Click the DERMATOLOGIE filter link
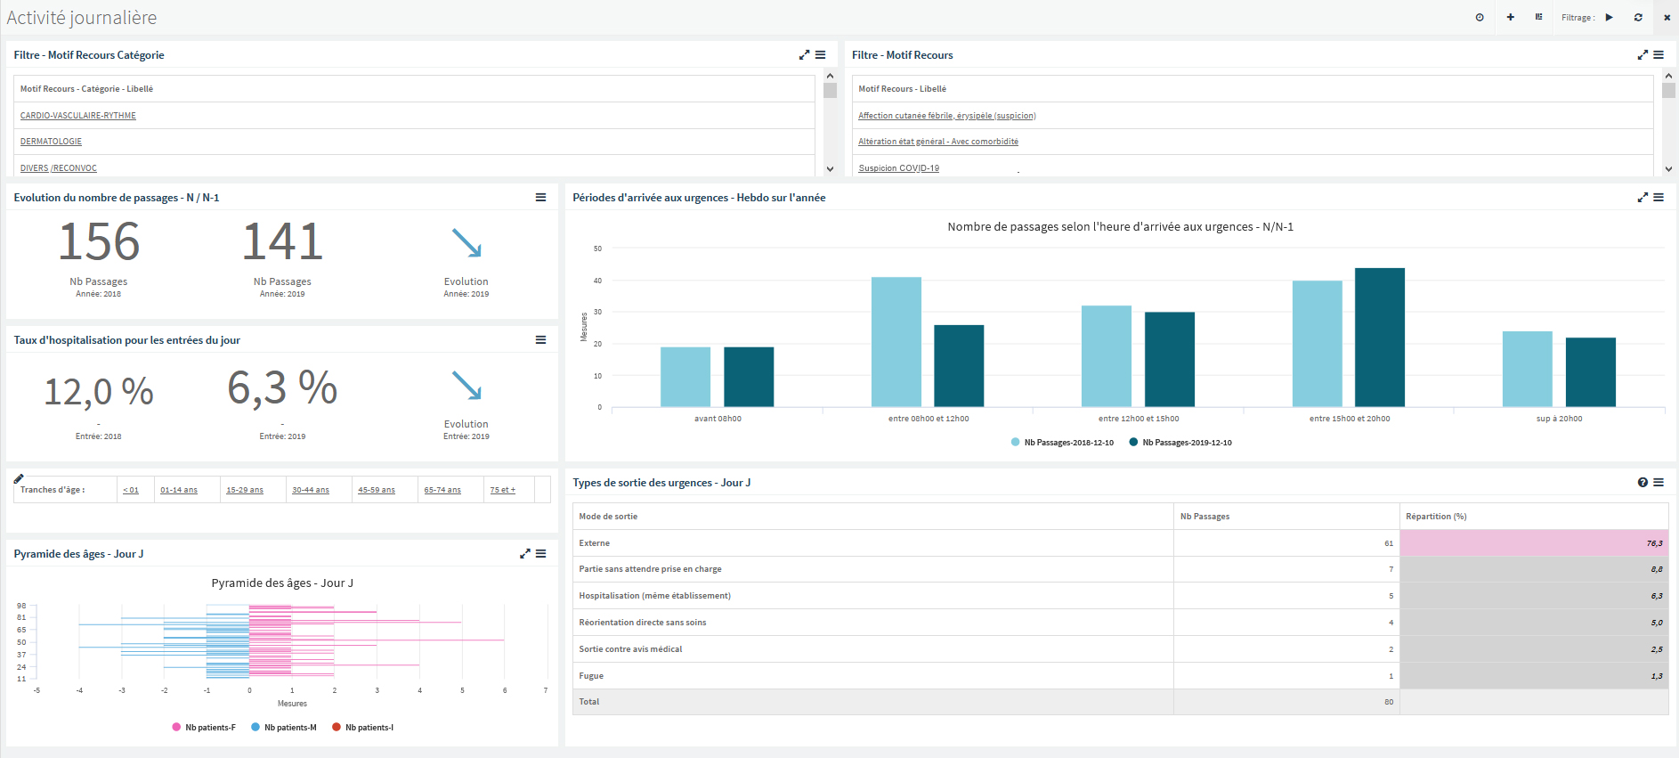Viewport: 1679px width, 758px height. click(51, 142)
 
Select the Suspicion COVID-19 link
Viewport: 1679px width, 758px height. click(898, 168)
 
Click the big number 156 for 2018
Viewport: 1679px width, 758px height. click(99, 241)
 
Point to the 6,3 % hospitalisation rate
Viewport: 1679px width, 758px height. click(282, 387)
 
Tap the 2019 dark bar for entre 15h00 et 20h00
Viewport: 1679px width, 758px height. click(1380, 338)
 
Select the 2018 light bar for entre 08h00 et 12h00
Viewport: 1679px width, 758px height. click(896, 342)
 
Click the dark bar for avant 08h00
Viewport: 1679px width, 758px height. click(749, 377)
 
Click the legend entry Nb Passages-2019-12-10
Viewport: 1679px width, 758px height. click(1180, 443)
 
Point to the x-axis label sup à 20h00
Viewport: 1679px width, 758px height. click(1560, 419)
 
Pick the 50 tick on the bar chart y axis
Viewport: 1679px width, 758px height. click(597, 249)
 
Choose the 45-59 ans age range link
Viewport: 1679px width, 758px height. click(377, 490)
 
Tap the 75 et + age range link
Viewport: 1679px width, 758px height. click(503, 490)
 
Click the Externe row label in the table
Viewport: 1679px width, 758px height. click(595, 543)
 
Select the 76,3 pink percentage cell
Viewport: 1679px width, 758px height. click(1534, 542)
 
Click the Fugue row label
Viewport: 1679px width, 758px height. click(591, 676)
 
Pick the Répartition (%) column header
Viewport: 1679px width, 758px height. click(1436, 517)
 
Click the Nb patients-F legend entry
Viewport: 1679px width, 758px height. click(204, 728)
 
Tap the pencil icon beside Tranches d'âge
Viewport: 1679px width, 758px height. click(19, 478)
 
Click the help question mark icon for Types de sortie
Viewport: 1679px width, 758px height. click(1642, 483)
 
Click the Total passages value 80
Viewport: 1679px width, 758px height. click(1389, 702)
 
